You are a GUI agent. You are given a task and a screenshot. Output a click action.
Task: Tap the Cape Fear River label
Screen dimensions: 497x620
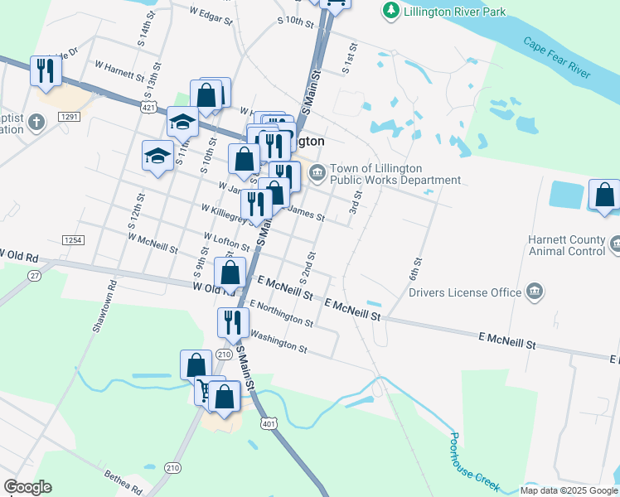556,57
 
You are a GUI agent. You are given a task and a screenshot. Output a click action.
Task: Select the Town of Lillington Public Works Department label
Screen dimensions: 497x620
395,174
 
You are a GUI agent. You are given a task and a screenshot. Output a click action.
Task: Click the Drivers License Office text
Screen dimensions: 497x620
464,292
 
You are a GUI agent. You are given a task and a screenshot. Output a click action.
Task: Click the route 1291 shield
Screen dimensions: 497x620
69,118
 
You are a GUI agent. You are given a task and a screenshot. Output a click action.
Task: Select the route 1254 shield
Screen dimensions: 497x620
73,239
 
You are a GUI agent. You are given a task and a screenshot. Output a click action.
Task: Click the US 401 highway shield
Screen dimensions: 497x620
269,423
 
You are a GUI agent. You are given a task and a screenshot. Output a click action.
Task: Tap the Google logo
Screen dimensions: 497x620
27,487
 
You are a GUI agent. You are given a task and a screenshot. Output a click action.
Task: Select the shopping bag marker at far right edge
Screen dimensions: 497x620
605,196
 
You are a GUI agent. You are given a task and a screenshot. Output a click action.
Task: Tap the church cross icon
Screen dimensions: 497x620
35,123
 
